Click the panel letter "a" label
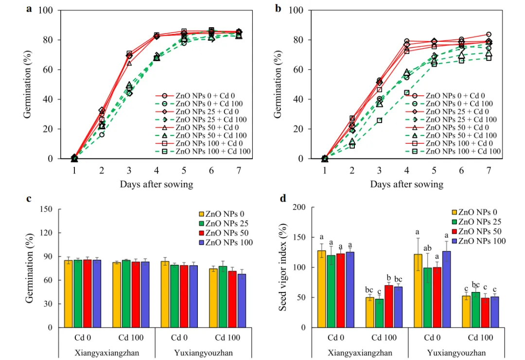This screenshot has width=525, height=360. tap(29, 8)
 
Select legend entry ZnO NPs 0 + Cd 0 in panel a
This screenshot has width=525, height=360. tap(205, 96)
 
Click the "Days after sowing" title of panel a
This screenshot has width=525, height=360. tap(157, 184)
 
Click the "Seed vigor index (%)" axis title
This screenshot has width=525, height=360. tap(283, 267)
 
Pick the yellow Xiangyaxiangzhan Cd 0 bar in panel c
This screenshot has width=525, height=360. tap(69, 294)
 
